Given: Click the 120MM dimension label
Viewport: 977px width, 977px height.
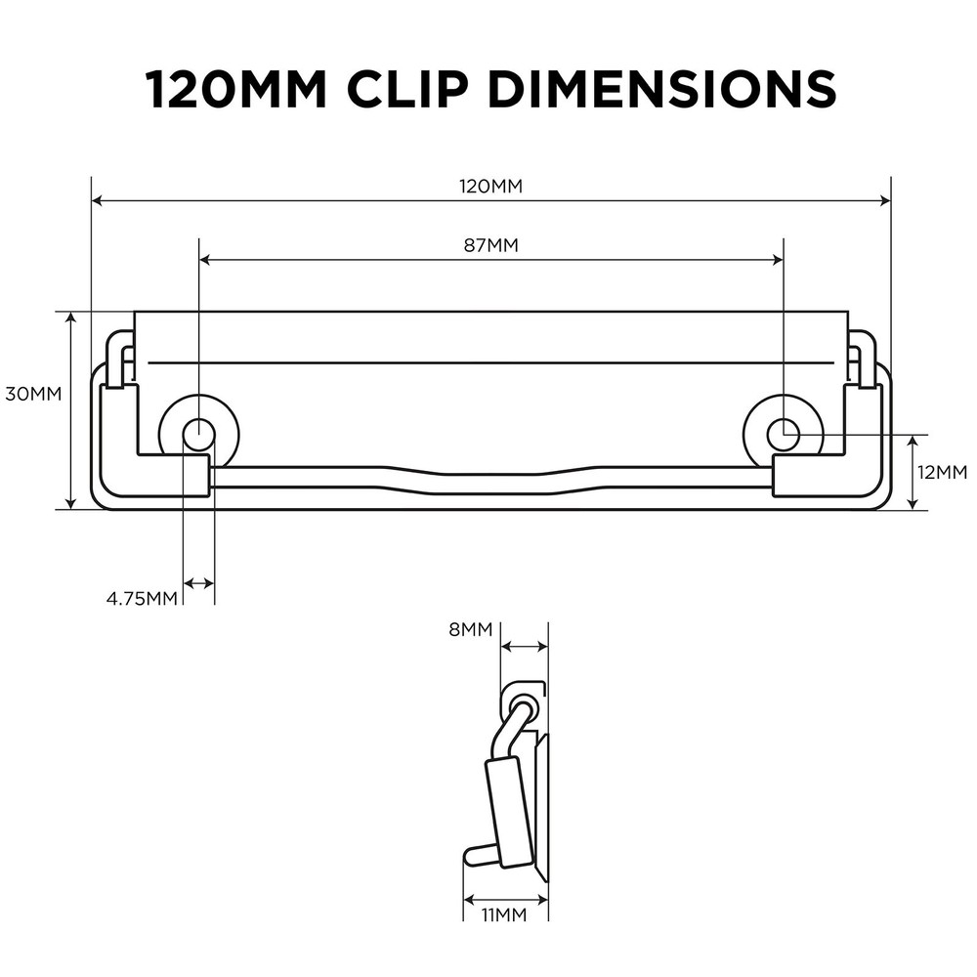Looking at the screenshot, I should click(489, 187).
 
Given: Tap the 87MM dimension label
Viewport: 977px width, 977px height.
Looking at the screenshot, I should click(490, 245).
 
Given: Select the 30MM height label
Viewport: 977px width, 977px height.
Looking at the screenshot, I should click(33, 394).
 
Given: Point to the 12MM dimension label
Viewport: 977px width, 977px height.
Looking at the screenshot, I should click(943, 472).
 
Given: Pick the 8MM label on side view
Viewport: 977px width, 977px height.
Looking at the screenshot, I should click(470, 629).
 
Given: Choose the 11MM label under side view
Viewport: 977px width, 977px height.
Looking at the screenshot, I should click(504, 915).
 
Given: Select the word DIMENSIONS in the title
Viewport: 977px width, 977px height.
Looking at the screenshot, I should click(661, 89).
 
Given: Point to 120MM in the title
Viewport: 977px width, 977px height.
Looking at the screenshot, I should click(235, 89).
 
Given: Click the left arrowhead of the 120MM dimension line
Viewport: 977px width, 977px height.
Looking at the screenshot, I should click(97, 201).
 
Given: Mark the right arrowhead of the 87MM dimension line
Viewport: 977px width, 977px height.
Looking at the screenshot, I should click(778, 260).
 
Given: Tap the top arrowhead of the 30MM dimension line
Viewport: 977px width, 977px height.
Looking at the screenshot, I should click(70, 319).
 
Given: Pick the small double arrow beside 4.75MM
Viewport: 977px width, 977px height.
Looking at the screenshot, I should click(199, 583).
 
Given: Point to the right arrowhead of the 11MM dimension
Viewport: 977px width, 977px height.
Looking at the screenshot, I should click(543, 900).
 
